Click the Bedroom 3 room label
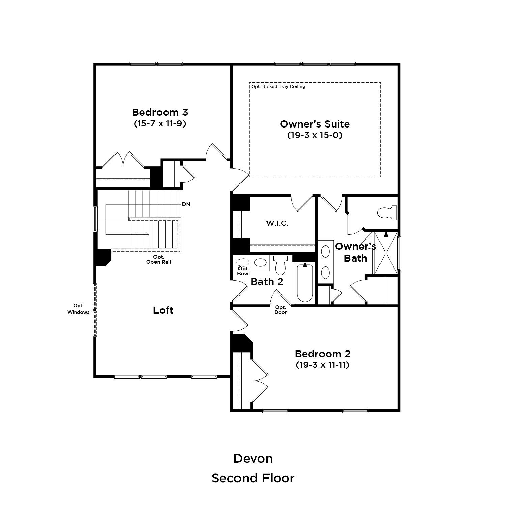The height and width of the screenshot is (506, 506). point(160,112)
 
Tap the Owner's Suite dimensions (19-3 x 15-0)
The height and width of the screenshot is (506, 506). point(315,135)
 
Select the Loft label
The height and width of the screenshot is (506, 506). point(163,310)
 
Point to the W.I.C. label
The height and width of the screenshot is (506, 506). point(277,223)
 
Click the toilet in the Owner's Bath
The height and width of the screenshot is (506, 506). point(387,213)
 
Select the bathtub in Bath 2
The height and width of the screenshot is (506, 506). point(305,282)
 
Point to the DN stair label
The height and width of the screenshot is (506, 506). point(186,204)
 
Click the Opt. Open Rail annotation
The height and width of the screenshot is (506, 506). point(159,259)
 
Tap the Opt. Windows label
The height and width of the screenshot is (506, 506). point(78,309)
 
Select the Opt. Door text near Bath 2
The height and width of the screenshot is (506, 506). point(281,310)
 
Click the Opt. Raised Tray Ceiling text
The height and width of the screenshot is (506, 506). point(278,87)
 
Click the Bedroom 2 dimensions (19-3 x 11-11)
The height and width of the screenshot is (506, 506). point(322,365)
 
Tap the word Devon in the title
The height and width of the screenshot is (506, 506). point(253,458)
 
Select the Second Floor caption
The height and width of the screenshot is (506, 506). point(253,478)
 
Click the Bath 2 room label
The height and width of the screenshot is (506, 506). point(267,281)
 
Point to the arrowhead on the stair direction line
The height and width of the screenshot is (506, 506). point(148,234)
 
